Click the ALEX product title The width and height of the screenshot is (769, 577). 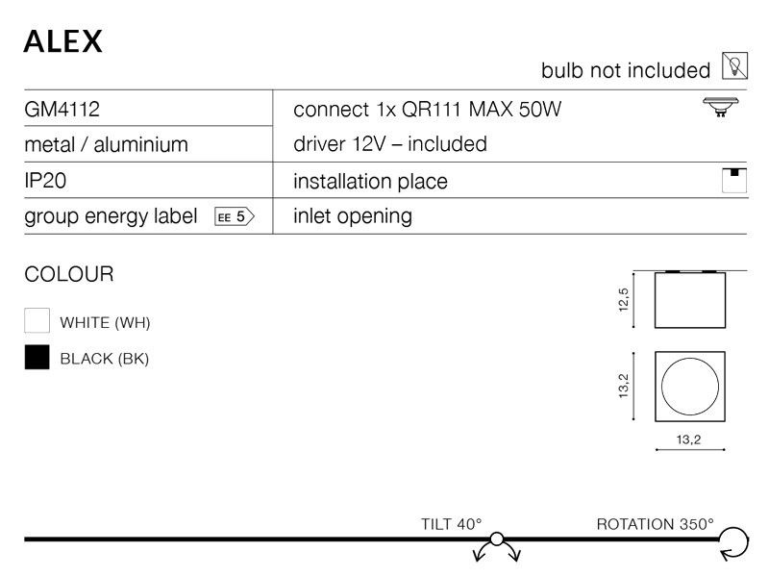point(62,41)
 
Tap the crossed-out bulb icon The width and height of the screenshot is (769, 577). point(734,65)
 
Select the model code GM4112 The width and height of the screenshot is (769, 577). point(62,109)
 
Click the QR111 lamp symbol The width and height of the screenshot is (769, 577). point(720,107)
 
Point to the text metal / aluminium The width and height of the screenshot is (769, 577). point(106,145)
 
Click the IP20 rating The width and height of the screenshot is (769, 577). point(45,181)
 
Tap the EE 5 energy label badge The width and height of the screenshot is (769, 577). point(235,216)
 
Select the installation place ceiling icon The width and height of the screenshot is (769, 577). point(734,180)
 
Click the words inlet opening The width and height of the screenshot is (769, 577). point(353,216)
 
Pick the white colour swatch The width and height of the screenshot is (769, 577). point(37,320)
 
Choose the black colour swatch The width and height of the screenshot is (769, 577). point(37,357)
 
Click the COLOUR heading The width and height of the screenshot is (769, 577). point(69,274)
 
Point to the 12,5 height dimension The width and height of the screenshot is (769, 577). point(623,300)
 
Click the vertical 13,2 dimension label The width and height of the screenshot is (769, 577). point(623,387)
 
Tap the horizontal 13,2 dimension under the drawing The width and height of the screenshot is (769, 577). point(688,439)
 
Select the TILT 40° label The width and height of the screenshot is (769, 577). point(451,524)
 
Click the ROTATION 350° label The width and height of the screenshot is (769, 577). point(656,524)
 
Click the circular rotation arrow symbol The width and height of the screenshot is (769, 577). point(748,542)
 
